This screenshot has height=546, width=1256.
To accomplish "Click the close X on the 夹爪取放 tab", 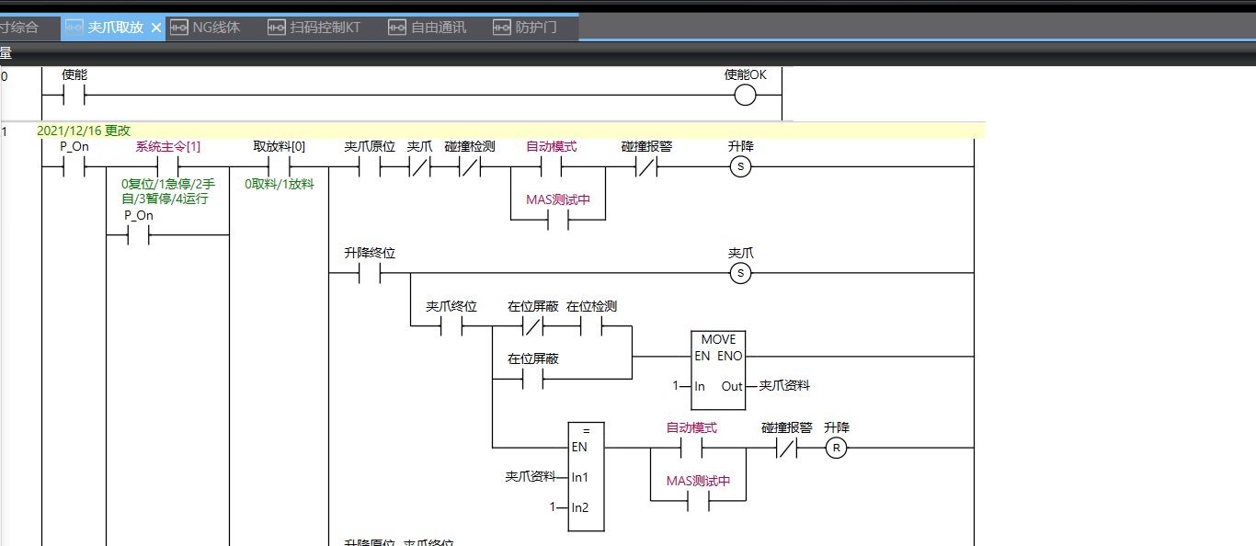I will [x=156, y=28].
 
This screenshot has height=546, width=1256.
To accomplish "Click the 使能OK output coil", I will [x=745, y=96].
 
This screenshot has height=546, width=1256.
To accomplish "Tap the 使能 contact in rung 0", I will [x=74, y=96].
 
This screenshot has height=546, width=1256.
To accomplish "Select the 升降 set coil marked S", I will [x=740, y=167].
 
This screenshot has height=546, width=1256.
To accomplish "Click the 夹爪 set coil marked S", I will [x=740, y=273].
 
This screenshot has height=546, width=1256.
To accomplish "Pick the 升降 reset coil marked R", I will [x=836, y=449].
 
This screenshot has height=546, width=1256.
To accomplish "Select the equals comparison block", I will [x=586, y=476].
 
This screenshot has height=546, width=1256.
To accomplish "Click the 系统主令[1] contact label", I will [x=168, y=147].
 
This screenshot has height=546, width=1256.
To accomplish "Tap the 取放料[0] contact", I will [x=279, y=167].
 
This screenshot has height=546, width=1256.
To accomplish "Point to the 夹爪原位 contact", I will [x=369, y=167].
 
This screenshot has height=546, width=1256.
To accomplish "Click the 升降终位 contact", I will [x=369, y=273].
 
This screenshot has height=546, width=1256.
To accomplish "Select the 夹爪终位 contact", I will [x=451, y=327].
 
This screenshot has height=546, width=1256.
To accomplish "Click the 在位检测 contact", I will [x=590, y=327].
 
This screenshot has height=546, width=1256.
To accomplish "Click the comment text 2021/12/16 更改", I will [x=84, y=131].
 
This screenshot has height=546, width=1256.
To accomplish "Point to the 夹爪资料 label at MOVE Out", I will [x=784, y=386].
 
